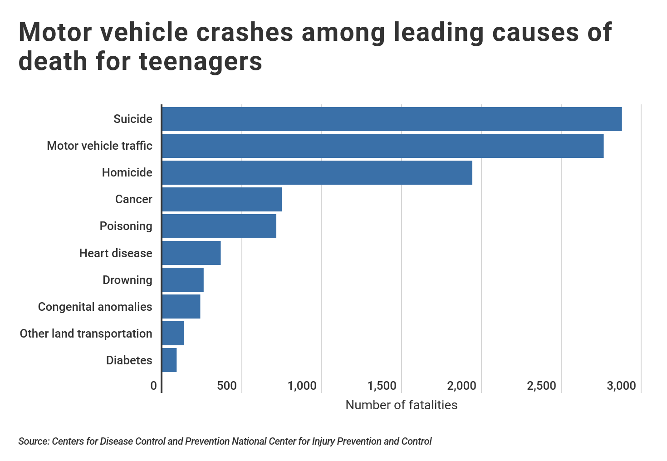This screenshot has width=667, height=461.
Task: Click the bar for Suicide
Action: click(392, 119)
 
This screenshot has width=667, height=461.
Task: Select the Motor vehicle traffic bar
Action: click(383, 146)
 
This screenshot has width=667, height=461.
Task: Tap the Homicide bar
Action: click(317, 172)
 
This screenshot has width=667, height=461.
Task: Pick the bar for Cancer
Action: click(222, 199)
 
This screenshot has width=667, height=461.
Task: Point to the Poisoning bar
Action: click(219, 226)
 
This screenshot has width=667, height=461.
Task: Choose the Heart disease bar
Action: click(191, 253)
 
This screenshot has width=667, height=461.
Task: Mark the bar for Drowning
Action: click(183, 280)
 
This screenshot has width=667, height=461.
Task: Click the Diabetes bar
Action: click(169, 360)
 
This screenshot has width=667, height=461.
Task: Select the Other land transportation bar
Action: click(173, 333)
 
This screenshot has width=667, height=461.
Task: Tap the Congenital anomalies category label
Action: click(95, 307)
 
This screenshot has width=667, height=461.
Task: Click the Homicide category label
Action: click(127, 172)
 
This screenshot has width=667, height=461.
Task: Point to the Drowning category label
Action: click(127, 280)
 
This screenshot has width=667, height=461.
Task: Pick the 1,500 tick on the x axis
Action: click(382, 386)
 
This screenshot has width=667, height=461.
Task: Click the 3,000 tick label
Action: click(621, 386)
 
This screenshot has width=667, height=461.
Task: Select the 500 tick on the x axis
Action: click(227, 386)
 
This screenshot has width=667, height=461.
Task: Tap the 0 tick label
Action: click(154, 386)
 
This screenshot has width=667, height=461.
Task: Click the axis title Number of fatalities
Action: click(401, 405)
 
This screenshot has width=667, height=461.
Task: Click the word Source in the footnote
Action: click(34, 441)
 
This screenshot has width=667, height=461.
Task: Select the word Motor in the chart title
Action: click(58, 32)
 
